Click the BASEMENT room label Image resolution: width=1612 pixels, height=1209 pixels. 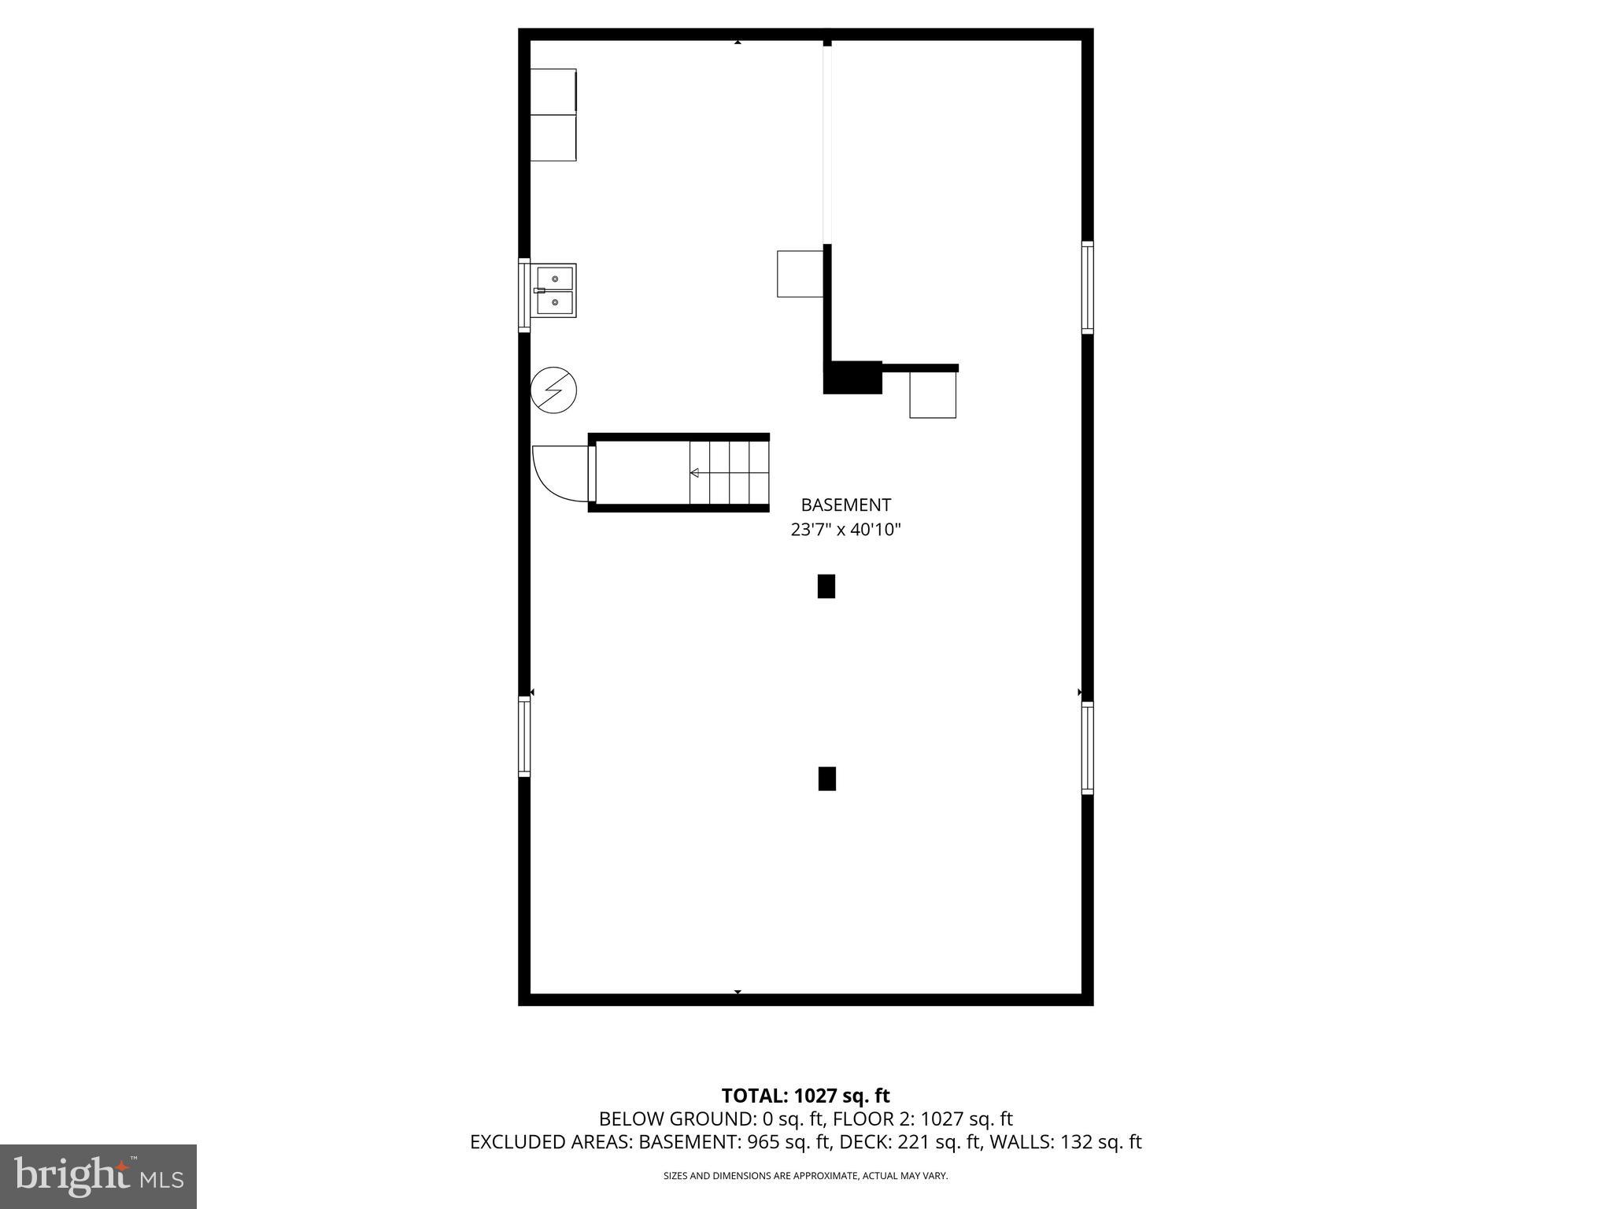click(x=845, y=505)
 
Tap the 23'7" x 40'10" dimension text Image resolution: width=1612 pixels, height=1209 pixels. click(x=845, y=530)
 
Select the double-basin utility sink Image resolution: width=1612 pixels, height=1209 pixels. click(x=556, y=290)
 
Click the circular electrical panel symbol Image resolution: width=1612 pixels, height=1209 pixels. click(x=554, y=390)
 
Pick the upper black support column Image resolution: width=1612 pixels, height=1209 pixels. click(x=826, y=586)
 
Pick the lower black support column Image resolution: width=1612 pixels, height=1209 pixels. click(x=826, y=778)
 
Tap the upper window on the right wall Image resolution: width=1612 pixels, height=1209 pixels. click(x=1087, y=287)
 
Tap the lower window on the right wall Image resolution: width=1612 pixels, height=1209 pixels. click(x=1087, y=748)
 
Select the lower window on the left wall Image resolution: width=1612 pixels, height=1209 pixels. click(x=524, y=736)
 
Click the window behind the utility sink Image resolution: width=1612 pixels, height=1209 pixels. click(x=524, y=294)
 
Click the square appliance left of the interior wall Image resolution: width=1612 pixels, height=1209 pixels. click(x=800, y=274)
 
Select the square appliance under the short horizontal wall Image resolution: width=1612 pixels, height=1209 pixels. click(x=933, y=394)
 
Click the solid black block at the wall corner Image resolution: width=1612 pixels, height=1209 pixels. click(x=852, y=378)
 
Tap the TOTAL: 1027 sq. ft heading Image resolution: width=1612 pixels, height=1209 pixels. click(x=805, y=1096)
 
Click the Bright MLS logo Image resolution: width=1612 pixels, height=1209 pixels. click(x=98, y=1176)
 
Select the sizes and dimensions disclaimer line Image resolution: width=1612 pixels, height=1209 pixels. click(x=805, y=1176)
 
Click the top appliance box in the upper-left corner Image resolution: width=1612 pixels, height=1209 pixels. click(x=553, y=91)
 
